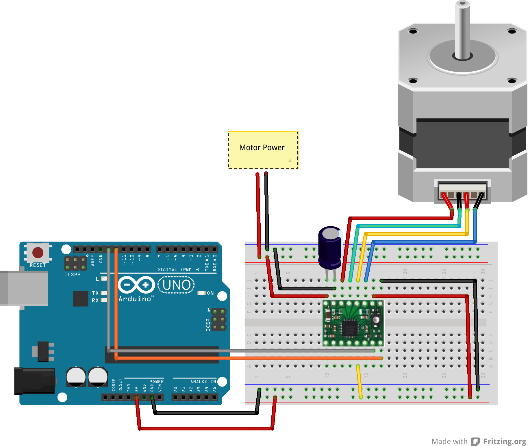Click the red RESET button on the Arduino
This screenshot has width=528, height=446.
38,252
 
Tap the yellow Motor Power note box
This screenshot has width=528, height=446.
263,150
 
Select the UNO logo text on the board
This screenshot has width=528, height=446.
176,285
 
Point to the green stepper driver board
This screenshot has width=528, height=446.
353,323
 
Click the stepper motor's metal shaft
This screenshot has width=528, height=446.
462,29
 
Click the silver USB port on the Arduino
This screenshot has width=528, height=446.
24,288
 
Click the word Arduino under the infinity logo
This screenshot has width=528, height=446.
135,299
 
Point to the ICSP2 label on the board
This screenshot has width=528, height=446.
72,275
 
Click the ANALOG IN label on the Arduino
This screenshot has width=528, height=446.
203,382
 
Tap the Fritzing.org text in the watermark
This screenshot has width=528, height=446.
505,441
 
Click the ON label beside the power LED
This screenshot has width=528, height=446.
210,293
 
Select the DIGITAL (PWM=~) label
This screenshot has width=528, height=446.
178,269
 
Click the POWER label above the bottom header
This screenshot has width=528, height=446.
156,382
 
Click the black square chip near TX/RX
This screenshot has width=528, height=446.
80,298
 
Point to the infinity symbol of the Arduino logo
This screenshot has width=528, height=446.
136,285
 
